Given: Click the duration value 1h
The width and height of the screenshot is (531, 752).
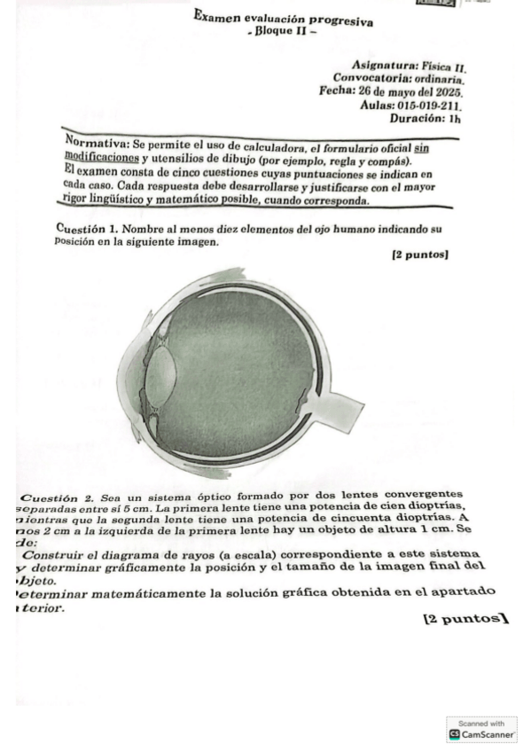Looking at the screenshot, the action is click(454, 118).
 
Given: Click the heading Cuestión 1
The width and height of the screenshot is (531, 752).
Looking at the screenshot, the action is click(87, 229).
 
